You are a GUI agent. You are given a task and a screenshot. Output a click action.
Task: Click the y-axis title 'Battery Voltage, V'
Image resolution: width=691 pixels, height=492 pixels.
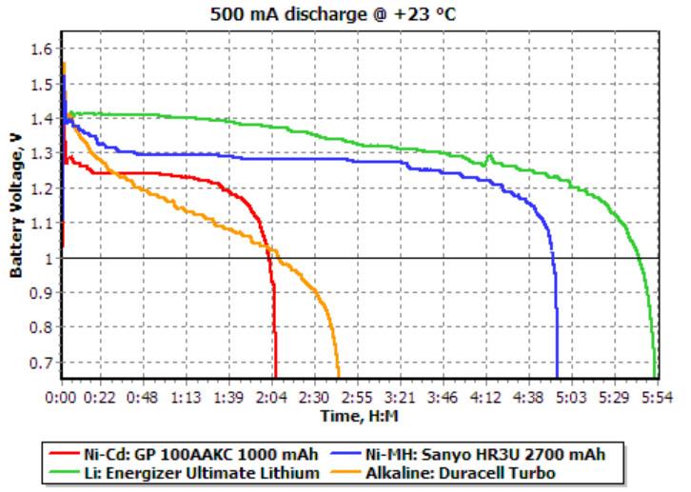pos(15,206)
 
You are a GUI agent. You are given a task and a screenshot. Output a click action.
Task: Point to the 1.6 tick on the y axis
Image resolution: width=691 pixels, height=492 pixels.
pos(42,49)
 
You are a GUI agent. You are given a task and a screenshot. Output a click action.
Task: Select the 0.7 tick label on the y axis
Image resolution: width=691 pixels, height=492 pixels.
pos(42,363)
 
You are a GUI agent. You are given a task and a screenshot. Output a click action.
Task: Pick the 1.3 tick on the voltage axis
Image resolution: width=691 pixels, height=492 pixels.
pos(42,153)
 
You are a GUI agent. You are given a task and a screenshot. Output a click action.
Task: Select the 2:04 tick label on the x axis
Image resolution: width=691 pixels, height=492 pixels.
pos(275,397)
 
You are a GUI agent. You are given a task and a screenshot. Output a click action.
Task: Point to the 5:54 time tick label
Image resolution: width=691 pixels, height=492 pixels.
pos(657,397)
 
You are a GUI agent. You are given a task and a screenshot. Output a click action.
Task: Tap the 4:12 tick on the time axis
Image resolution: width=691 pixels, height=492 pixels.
pos(486,397)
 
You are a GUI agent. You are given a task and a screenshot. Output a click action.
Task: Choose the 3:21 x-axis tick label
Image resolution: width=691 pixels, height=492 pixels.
pos(402,397)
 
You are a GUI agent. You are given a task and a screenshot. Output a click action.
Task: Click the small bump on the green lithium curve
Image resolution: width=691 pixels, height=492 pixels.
pos(489,157)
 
